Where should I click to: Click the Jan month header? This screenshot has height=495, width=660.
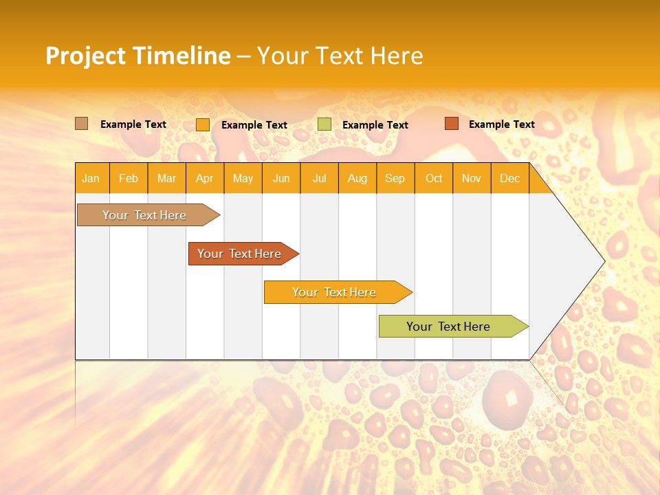click(x=91, y=179)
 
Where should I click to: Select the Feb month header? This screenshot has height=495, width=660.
click(x=129, y=179)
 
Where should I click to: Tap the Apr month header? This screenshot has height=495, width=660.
click(x=204, y=179)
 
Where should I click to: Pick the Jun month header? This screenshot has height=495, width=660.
click(x=281, y=179)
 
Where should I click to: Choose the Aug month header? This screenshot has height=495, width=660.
click(x=357, y=179)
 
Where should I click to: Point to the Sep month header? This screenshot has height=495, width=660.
click(x=395, y=179)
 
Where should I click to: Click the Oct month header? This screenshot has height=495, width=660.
click(x=434, y=179)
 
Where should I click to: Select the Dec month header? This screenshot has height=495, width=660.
click(x=509, y=179)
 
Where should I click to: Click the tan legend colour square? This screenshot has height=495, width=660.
click(x=82, y=124)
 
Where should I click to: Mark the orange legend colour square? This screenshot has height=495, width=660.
click(x=203, y=124)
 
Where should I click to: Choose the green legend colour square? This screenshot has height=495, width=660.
click(x=324, y=124)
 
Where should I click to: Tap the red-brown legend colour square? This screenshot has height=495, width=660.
click(x=451, y=124)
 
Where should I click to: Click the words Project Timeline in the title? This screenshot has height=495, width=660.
click(x=138, y=56)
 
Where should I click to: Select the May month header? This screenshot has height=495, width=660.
click(x=243, y=179)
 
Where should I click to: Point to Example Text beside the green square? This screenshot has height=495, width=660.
click(x=375, y=125)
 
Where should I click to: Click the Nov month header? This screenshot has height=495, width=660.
click(x=472, y=179)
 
